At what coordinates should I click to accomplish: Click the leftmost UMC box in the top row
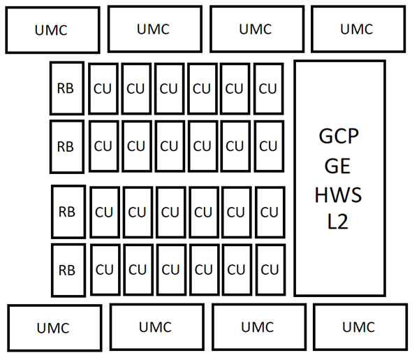pos(52,29)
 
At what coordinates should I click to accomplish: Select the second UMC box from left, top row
pos(154,29)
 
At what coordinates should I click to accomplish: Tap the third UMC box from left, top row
pos(256,29)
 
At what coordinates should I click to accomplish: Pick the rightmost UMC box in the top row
pos(357,29)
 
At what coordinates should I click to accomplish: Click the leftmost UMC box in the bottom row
pos(53,327)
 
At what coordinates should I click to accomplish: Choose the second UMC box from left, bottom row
pos(156,326)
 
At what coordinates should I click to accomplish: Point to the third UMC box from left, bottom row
pos(258,326)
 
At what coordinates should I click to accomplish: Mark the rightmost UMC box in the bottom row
pos(359,326)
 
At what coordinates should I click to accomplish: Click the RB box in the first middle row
pos(66,88)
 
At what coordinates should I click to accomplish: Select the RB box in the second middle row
pos(66,147)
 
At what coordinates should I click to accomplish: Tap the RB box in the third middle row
pos(68,211)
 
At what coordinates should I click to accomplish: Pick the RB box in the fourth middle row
pos(68,270)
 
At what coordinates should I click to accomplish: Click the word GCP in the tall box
pos(339,137)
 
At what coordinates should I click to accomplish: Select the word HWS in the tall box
pos(339,194)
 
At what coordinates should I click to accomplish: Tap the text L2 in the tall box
pos(339,223)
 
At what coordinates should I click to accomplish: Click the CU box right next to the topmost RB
pos(103,89)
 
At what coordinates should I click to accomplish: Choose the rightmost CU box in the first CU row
pos(268,89)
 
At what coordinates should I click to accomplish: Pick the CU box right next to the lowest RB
pos(104,270)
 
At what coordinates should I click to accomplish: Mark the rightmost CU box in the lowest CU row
pos(270,270)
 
